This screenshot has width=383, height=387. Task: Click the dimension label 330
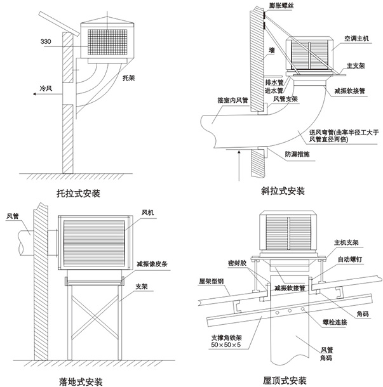point(46,42)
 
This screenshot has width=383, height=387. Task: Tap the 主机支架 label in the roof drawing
point(347,242)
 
